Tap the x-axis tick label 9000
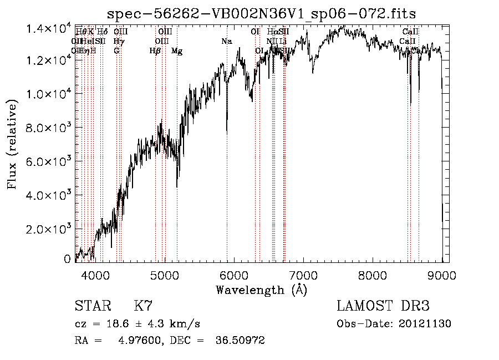(x=442, y=275)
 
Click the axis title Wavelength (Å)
(x=261, y=290)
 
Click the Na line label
(x=226, y=41)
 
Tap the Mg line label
(x=177, y=51)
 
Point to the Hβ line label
(x=155, y=51)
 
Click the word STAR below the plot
(x=92, y=306)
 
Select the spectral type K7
(x=142, y=306)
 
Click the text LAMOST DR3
(x=383, y=306)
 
